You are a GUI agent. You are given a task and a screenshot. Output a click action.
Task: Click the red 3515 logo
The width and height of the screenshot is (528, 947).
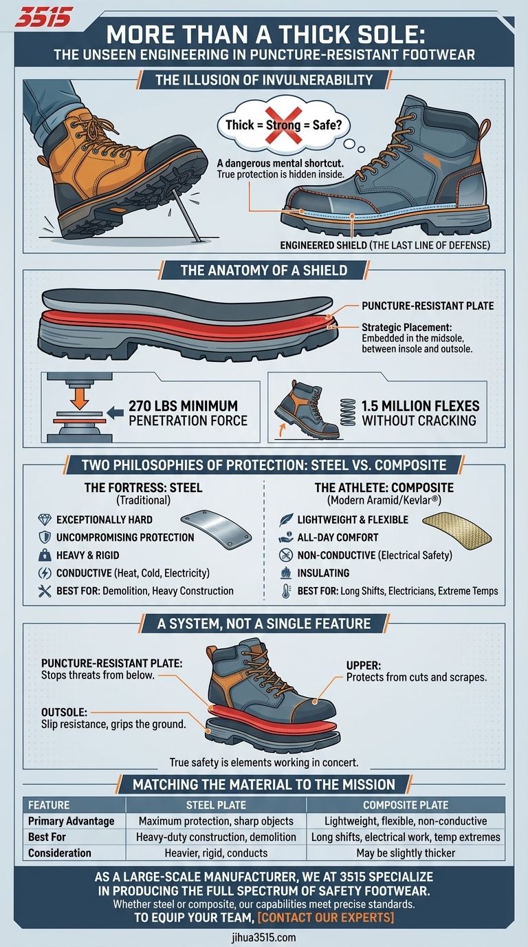click(x=43, y=18)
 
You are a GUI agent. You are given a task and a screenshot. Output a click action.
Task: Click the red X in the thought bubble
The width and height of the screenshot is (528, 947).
click(x=283, y=125)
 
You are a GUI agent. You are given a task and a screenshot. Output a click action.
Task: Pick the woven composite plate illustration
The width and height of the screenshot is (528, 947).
click(x=457, y=531)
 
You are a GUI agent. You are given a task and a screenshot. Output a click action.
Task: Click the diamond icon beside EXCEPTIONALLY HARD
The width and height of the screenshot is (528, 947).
click(x=45, y=519)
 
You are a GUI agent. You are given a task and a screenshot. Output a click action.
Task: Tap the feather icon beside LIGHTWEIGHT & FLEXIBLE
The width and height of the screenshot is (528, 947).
click(x=286, y=520)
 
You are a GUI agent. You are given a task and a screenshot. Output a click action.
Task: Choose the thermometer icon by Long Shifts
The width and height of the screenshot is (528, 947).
click(x=286, y=591)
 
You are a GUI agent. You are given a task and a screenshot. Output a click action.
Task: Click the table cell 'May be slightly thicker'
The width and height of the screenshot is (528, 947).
click(x=406, y=853)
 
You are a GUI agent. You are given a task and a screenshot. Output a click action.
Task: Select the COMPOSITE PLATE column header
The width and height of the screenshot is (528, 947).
click(x=406, y=805)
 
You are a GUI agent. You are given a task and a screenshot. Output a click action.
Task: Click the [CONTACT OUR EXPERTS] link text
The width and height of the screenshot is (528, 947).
click(x=325, y=918)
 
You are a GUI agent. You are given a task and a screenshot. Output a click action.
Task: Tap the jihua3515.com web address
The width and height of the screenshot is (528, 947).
click(x=263, y=937)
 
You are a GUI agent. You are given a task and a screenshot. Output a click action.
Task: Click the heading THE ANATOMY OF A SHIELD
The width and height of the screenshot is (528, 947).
click(x=264, y=270)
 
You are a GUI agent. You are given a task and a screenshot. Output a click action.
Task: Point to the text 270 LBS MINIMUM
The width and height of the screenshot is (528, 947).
click(x=184, y=406)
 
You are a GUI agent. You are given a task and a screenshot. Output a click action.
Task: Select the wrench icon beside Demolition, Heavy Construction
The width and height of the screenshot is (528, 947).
click(x=45, y=591)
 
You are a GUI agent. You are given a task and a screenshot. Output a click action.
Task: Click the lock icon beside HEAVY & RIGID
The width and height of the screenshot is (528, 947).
click(x=45, y=555)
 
